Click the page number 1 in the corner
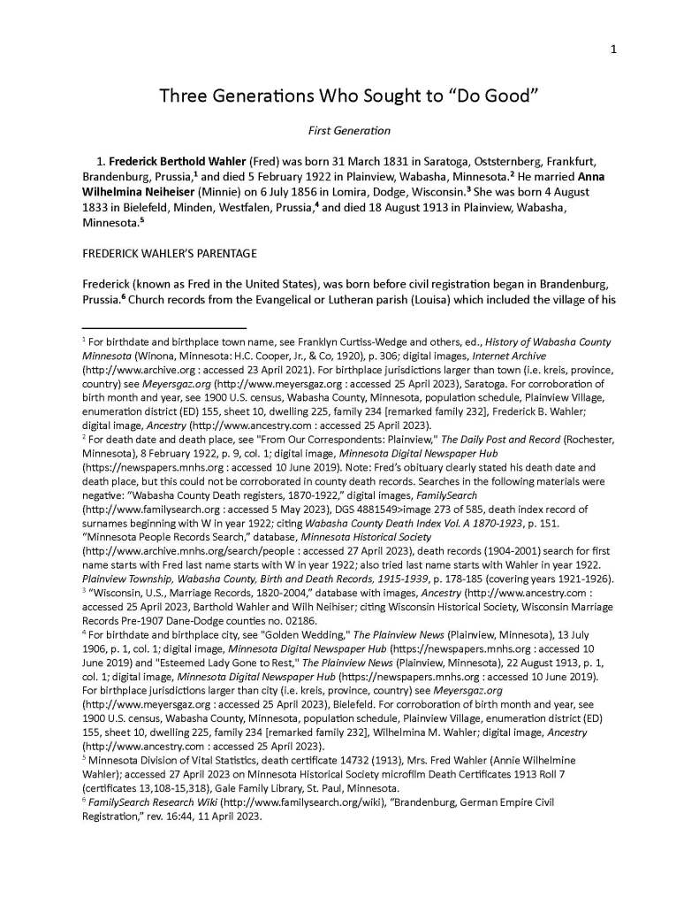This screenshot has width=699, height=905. click(x=613, y=50)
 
